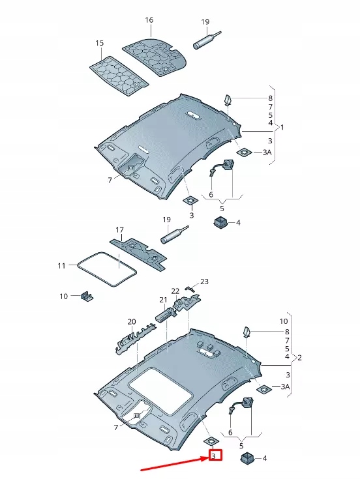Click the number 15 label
(100, 43)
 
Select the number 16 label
(149, 20)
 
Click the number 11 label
(62, 266)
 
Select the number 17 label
(119, 230)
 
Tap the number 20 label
(132, 321)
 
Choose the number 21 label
(164, 299)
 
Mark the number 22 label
(175, 291)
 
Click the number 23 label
(204, 282)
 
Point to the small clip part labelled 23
(188, 287)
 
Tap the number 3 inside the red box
(213, 456)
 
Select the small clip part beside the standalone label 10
(87, 297)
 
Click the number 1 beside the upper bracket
(282, 128)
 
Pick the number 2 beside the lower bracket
(299, 358)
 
